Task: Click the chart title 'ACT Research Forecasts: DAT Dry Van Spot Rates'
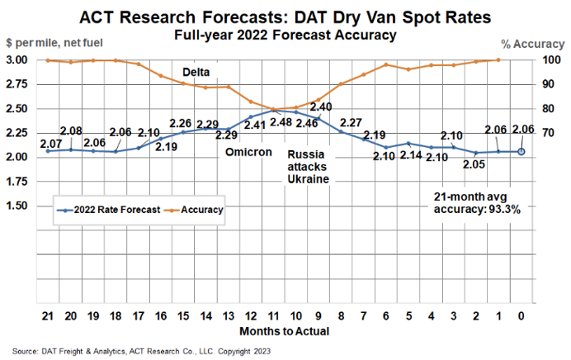pyautogui.click(x=285, y=17)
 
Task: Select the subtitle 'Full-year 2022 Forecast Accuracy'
pyautogui.click(x=285, y=35)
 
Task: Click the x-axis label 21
pyautogui.click(x=48, y=315)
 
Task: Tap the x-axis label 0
pyautogui.click(x=521, y=315)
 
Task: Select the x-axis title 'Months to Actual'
pyautogui.click(x=285, y=331)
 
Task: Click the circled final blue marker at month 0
pyautogui.click(x=521, y=151)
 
